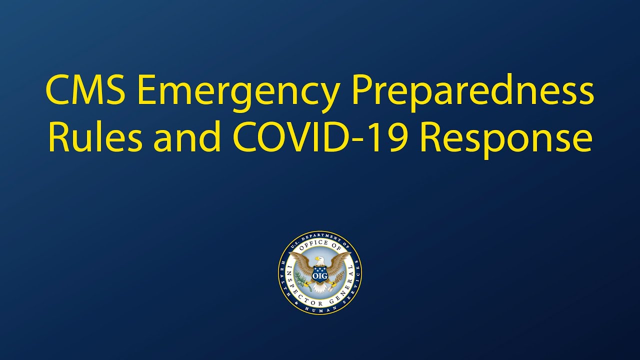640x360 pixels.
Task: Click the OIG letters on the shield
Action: click(319, 275)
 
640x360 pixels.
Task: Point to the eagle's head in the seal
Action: click(320, 260)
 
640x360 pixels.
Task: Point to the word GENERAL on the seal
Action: click(347, 285)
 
